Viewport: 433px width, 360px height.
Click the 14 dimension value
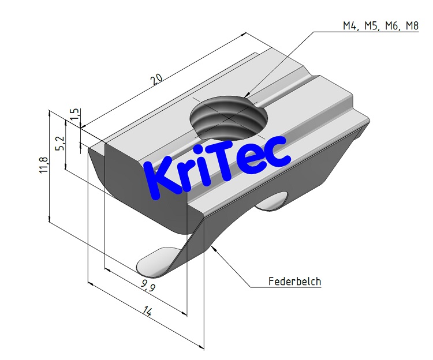147,312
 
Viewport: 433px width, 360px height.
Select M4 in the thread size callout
350,26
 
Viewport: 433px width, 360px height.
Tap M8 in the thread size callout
410,26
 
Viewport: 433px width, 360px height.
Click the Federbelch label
294,282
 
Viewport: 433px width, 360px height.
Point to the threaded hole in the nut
229,118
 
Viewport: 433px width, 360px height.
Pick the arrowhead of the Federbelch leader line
214,246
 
